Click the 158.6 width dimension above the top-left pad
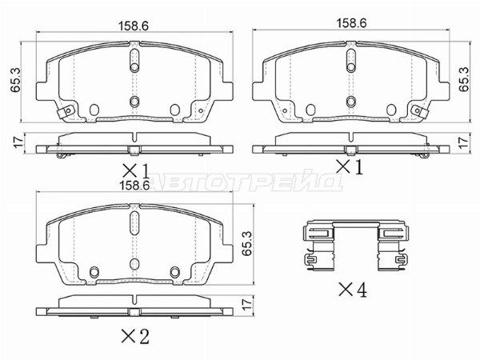coord(134,26)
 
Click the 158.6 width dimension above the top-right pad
coord(351,23)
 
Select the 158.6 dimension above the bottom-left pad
coord(134,185)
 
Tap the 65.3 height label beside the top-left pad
coord(15,79)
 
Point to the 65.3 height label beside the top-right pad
coord(464,79)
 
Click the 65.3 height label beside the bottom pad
coord(246,243)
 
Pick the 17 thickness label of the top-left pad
coord(18,142)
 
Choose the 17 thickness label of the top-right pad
coord(464,142)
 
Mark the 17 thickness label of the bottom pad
coord(247,303)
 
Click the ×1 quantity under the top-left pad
coord(136,171)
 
